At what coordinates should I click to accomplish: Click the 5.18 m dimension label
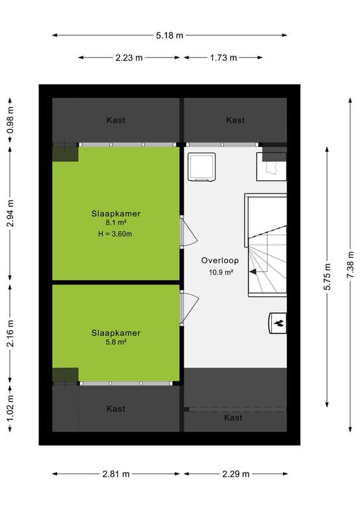pyautogui.click(x=170, y=35)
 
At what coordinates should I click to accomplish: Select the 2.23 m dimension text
pyautogui.click(x=129, y=58)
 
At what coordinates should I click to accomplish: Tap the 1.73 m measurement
pyautogui.click(x=223, y=58)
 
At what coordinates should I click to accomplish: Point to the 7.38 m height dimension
pyautogui.click(x=351, y=264)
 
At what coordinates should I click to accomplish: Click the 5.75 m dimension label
pyautogui.click(x=328, y=276)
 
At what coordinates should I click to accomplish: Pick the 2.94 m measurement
pyautogui.click(x=11, y=213)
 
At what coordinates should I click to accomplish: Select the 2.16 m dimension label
pyautogui.click(x=11, y=333)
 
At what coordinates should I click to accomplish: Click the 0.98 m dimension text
pyautogui.click(x=11, y=120)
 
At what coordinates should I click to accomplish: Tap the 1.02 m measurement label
pyautogui.click(x=11, y=408)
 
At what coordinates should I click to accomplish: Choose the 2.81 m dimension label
pyautogui.click(x=116, y=475)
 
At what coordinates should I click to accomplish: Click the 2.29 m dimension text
pyautogui.click(x=235, y=475)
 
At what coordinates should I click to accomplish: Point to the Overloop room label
pyautogui.click(x=219, y=260)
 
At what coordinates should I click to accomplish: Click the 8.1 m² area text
pyautogui.click(x=116, y=223)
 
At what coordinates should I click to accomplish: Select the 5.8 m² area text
pyautogui.click(x=116, y=342)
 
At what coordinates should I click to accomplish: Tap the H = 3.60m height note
pyautogui.click(x=115, y=234)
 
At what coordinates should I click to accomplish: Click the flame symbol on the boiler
pyautogui.click(x=279, y=323)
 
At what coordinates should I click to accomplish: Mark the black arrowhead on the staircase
pyautogui.click(x=253, y=272)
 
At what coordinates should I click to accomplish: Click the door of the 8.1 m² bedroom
pyautogui.click(x=188, y=232)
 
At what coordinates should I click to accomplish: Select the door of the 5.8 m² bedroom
pyautogui.click(x=189, y=308)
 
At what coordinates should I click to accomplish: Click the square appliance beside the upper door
pyautogui.click(x=202, y=167)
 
